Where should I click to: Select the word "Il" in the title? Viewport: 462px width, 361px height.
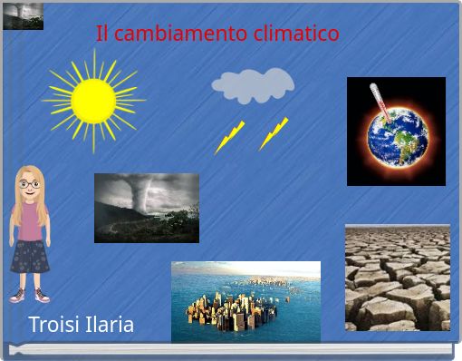click(x=101, y=34)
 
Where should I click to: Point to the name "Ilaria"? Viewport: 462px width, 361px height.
click(x=110, y=325)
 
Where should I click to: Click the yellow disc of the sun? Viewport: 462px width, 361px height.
click(x=92, y=100)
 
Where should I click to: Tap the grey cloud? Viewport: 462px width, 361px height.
click(x=252, y=85)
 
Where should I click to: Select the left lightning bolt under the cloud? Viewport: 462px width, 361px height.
click(x=229, y=137)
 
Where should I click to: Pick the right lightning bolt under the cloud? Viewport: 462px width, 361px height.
click(x=274, y=133)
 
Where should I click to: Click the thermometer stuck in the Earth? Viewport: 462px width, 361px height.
click(x=379, y=102)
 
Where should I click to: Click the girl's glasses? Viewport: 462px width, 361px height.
click(x=30, y=184)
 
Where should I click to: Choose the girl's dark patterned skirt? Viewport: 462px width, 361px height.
click(x=30, y=256)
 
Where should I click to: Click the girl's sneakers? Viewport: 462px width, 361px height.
click(x=29, y=295)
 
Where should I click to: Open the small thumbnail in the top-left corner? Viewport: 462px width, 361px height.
click(x=23, y=15)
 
